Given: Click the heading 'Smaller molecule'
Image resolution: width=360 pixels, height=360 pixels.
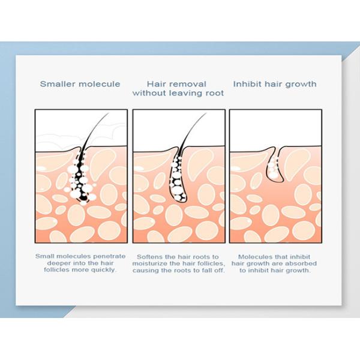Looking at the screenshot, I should [80, 84].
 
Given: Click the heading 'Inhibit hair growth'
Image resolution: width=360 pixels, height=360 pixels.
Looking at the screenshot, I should [275, 84].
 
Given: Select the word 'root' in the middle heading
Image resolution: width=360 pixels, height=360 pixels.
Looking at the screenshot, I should [213, 93].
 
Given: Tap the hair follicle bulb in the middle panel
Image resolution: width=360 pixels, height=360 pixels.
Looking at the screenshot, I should [178, 183].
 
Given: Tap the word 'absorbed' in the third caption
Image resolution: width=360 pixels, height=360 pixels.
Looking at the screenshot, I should [300, 263].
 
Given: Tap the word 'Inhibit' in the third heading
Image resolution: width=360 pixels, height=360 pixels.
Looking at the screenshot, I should [246, 84].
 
